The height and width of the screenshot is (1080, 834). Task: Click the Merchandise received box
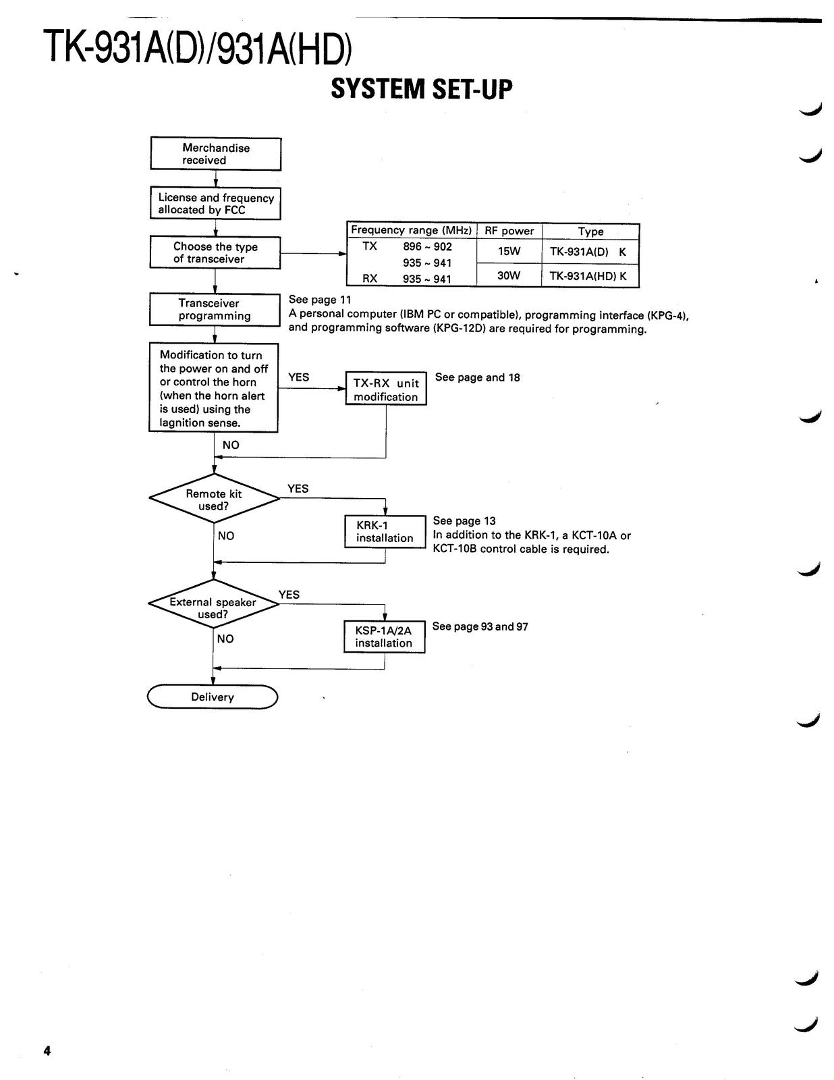(215, 154)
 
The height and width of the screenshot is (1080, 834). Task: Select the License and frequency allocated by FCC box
(215, 203)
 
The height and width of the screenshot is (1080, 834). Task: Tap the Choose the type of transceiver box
(215, 252)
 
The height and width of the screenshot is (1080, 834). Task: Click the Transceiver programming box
(215, 310)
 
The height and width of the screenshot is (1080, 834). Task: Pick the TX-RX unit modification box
(386, 388)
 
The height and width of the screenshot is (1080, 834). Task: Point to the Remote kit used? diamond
(214, 498)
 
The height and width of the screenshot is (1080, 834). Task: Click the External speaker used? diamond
(214, 604)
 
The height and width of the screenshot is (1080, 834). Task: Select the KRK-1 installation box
(385, 532)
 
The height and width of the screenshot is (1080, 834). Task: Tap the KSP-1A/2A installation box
(385, 637)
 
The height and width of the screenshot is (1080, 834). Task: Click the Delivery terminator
(213, 697)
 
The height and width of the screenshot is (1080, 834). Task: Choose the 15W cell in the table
(509, 251)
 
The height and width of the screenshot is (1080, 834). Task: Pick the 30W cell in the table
(509, 275)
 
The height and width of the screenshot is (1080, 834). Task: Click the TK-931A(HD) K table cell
(590, 276)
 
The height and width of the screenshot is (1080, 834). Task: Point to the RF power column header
(509, 231)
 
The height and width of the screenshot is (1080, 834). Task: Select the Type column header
(590, 232)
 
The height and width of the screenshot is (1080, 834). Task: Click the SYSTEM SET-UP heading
(421, 90)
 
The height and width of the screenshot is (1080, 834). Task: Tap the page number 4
(47, 1051)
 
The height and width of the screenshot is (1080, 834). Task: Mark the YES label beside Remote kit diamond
(298, 489)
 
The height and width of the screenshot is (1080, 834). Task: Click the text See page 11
(320, 300)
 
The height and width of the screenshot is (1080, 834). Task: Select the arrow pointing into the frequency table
(314, 253)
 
